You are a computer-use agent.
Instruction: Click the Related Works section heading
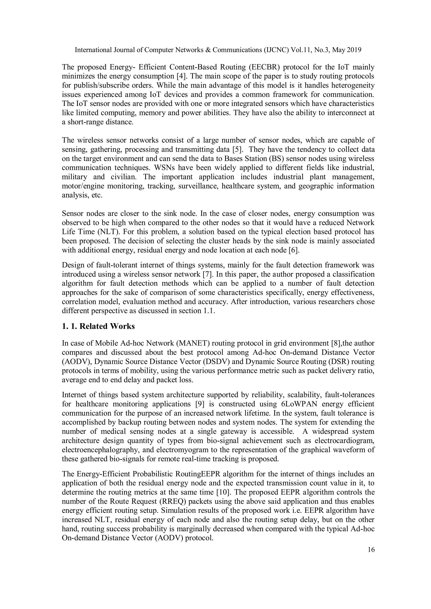(x=98, y=326)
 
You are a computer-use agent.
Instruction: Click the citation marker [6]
(x=294, y=250)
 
